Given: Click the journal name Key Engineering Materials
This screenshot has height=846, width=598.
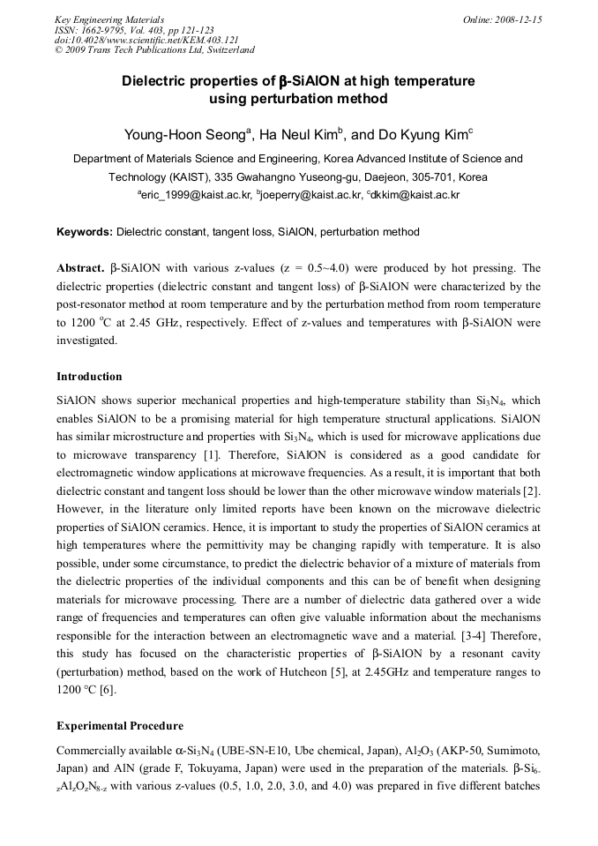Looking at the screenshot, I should tap(109, 19).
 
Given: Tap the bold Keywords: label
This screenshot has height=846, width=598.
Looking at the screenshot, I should tap(85, 232).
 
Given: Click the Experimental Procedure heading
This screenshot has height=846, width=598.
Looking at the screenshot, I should tap(120, 726).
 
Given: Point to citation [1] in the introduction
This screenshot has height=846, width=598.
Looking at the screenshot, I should tap(212, 455).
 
